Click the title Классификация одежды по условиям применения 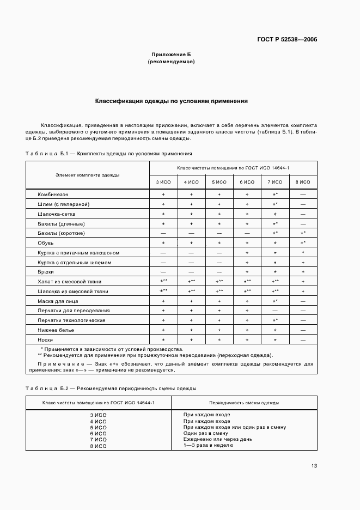tap(172, 101)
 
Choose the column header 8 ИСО tap(302, 182)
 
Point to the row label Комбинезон tap(53, 194)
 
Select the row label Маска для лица tap(58, 301)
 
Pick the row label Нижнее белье tap(56, 330)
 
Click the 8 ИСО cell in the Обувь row tap(302, 242)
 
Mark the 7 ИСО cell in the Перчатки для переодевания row tap(275, 311)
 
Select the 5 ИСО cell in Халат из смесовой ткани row tap(219, 282)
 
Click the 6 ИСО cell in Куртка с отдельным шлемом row tap(247, 262)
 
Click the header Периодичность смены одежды tap(244, 403)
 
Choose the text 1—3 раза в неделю tap(209, 445)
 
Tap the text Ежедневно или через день tap(218, 439)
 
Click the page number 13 tap(314, 465)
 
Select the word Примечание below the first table tap(60, 363)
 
